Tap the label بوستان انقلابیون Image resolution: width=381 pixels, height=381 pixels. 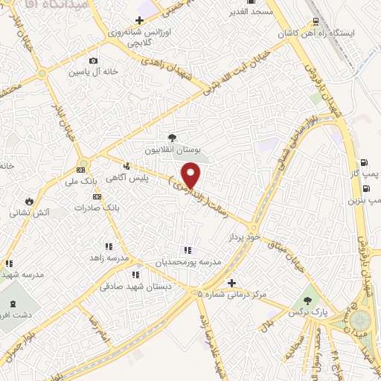coord(172,150)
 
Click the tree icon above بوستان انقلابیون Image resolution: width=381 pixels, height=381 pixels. coord(173,137)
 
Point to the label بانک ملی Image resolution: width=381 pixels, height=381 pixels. coord(82,182)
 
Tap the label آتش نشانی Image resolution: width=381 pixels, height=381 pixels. coord(29,212)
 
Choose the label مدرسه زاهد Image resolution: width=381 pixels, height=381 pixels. coord(109,257)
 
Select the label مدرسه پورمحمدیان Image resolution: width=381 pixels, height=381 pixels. coord(188,262)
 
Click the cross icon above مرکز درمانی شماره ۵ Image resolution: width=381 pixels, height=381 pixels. coord(232,283)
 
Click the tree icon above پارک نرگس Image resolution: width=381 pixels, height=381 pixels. coord(308,301)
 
